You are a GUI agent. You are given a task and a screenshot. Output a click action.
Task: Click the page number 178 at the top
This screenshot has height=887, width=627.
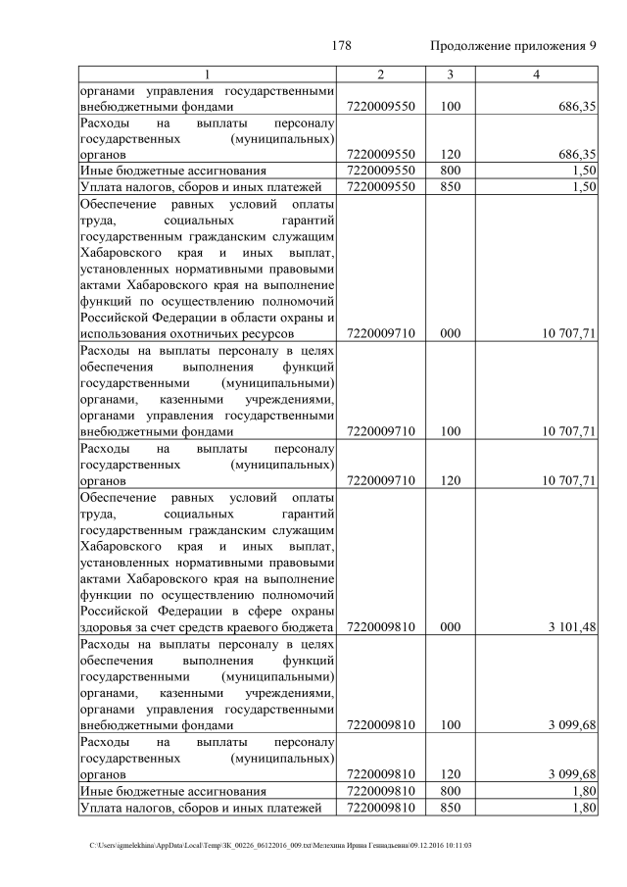tap(341, 46)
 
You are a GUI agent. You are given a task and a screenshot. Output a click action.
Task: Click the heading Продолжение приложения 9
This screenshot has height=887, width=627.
tap(513, 46)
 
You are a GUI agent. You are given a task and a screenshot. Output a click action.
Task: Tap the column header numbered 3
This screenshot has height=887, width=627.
tap(450, 75)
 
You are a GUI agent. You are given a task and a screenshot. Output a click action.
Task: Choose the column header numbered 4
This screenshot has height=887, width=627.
tap(536, 75)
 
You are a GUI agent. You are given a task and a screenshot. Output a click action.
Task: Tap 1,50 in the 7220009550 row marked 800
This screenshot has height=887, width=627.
tap(585, 171)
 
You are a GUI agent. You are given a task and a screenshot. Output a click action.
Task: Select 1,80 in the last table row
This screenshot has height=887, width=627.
tap(585, 808)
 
